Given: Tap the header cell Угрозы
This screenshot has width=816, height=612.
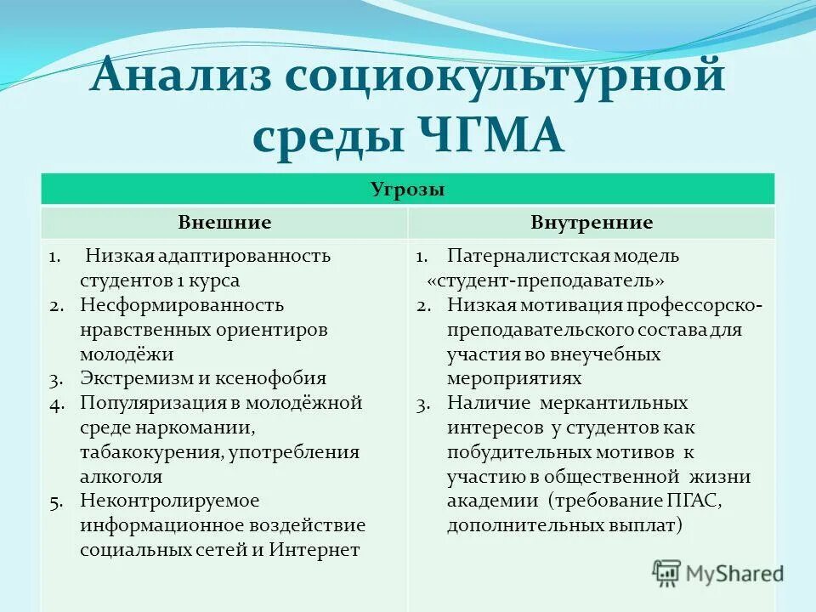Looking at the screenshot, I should pos(408,190).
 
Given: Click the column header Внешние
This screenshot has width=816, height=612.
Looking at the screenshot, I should pos(224,223).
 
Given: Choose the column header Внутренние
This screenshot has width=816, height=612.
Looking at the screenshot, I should pos(592,223).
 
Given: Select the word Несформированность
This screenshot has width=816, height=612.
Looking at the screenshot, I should pos(182,304).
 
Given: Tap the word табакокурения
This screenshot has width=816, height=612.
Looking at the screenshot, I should pos(152,452).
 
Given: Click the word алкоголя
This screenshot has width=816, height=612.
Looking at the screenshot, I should pos(121,477).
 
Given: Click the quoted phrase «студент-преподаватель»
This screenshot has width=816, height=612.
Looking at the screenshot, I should pos(545,280).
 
